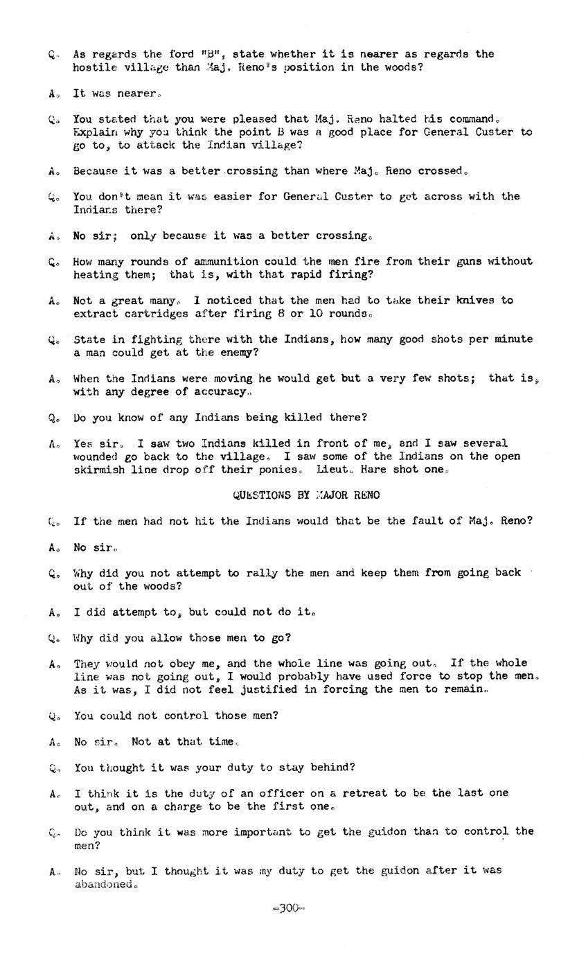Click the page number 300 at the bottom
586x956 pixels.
(x=289, y=909)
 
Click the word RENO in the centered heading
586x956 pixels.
(x=366, y=495)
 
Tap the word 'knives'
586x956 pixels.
(x=475, y=300)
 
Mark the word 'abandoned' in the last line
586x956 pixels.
(x=104, y=885)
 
